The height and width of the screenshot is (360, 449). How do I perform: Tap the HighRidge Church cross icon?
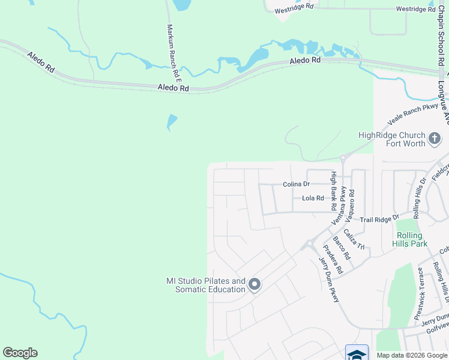(435, 140)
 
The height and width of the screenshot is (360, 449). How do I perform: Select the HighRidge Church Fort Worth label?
(391, 140)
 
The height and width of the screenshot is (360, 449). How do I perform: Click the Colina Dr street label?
(296, 185)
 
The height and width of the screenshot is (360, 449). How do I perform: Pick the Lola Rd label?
(313, 198)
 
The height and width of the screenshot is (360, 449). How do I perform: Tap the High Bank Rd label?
(334, 191)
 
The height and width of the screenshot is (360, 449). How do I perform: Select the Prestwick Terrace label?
(420, 293)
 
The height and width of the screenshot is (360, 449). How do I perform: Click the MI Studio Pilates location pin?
(254, 284)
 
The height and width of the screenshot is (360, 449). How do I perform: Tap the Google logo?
(20, 353)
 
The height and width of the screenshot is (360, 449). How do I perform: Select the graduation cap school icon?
(357, 353)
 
